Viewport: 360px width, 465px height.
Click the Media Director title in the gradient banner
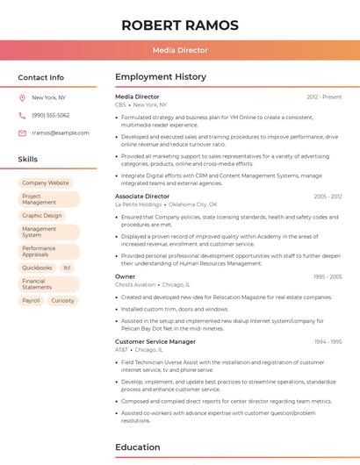coord(180,50)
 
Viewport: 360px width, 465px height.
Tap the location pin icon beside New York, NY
coord(22,97)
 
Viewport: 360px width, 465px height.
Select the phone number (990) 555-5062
coord(51,115)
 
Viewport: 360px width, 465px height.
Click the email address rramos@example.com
coord(61,132)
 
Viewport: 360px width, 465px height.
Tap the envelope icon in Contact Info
coord(22,132)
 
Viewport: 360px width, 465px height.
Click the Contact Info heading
coord(41,77)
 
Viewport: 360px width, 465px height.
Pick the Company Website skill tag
coord(46,182)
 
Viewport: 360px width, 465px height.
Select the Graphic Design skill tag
coord(42,215)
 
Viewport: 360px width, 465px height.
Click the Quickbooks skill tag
coord(37,268)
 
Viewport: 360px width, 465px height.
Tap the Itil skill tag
coord(67,268)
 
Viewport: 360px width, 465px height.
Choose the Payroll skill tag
coord(31,300)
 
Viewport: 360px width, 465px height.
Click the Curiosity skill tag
coord(62,300)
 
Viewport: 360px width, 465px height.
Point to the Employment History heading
coord(161,77)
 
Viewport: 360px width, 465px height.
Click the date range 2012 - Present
coord(324,97)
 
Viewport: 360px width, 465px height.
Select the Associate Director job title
coord(142,197)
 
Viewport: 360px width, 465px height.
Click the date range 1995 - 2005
coord(328,276)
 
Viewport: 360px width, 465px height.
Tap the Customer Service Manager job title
coord(155,341)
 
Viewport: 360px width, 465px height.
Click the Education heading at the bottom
coord(138,447)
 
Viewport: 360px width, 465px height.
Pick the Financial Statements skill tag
coord(37,284)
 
